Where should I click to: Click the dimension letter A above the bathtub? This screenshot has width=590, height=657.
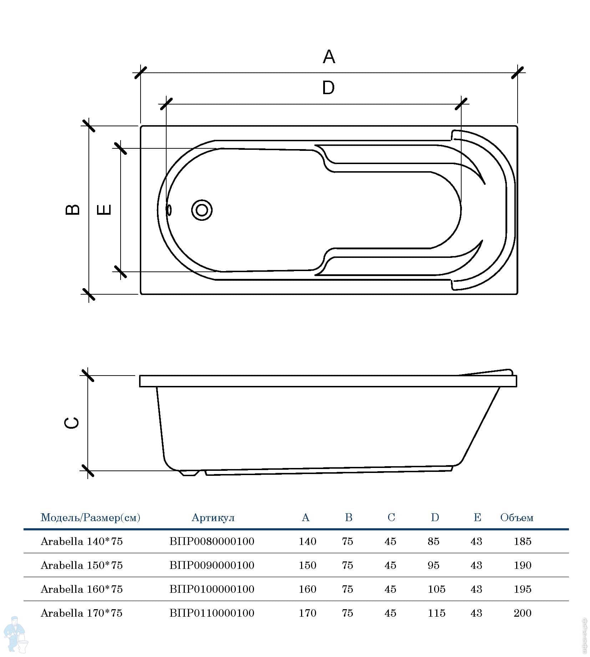[x=329, y=57]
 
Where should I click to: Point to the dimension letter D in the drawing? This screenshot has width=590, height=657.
[x=328, y=88]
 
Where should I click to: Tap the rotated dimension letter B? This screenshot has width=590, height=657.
[x=72, y=209]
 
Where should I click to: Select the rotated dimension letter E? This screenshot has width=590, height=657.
[x=104, y=209]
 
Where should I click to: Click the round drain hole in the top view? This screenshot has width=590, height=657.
[x=202, y=210]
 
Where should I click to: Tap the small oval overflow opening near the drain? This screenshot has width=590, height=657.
[x=169, y=210]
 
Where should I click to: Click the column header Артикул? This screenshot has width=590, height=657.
[x=213, y=518]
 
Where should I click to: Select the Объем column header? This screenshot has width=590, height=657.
[x=517, y=518]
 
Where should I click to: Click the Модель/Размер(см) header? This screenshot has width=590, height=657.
[x=90, y=518]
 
